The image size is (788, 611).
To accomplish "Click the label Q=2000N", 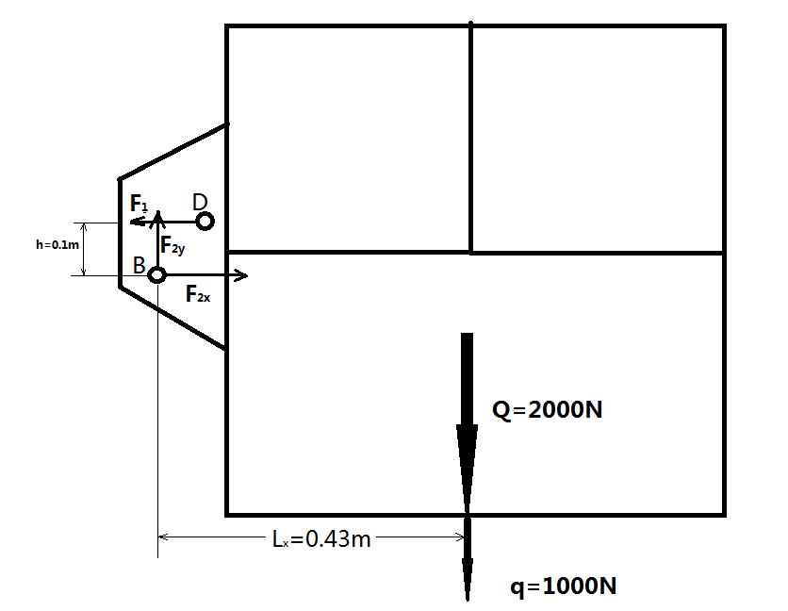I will [x=548, y=410].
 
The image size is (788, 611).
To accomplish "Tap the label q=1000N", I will [x=564, y=586].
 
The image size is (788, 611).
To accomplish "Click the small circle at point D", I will [x=205, y=221].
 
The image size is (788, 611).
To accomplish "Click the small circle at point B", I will [x=157, y=274].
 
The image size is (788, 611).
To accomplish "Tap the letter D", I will [x=199, y=202].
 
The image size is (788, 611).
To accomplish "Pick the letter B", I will [x=139, y=267].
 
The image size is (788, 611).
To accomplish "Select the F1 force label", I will [x=140, y=204].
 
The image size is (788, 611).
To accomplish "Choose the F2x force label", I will [x=198, y=294].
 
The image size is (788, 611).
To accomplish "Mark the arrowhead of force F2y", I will [x=158, y=216].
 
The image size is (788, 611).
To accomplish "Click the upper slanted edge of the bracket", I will [x=172, y=151].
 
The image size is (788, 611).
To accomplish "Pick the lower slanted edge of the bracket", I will [x=172, y=317].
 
